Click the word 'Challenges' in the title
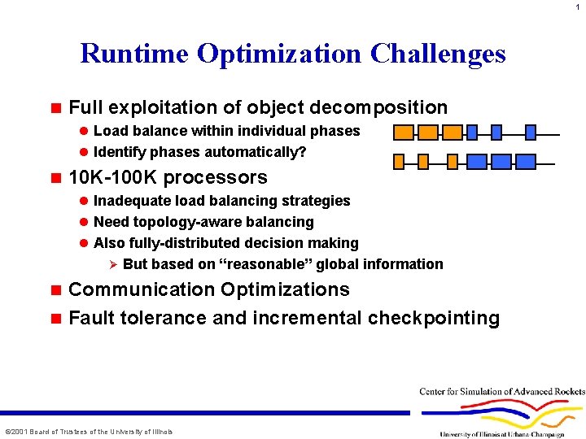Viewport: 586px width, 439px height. [437, 54]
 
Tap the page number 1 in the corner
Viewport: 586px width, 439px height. [578, 6]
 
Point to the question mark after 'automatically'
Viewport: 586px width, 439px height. [302, 152]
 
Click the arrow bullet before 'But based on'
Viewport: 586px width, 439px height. [113, 264]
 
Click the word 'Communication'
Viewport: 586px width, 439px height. [138, 290]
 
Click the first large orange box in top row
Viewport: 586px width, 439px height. [404, 133]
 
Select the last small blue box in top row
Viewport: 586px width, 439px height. [531, 133]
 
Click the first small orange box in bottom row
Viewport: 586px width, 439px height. [399, 161]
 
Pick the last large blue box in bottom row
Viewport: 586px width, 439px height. [527, 161]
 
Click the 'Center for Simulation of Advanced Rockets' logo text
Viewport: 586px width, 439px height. [501, 392]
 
